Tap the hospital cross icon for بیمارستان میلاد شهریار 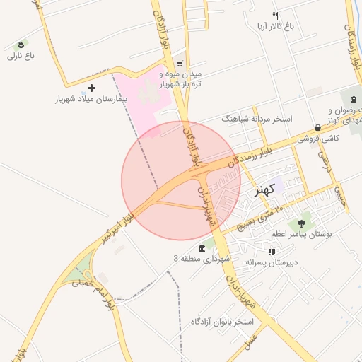tap(91, 88)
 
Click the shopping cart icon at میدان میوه tap(179, 63)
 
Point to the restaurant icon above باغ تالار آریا tap(276, 16)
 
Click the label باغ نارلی tap(21, 55)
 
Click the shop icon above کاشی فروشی tap(317, 128)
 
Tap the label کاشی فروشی tap(318, 139)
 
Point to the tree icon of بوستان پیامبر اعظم tap(302, 223)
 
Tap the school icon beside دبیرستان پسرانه tap(271, 252)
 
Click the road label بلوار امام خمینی tap(105, 280)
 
